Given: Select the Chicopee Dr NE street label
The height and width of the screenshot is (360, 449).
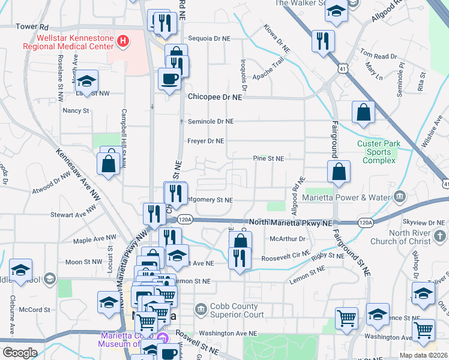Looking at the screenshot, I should [x=215, y=96].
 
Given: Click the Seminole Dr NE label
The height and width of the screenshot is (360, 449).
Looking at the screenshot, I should [x=210, y=121].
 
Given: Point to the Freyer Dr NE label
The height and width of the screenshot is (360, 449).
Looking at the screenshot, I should [x=205, y=142].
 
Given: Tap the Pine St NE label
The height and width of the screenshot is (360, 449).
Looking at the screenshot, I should [x=268, y=158].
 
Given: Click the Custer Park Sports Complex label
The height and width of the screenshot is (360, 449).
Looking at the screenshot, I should [x=382, y=148].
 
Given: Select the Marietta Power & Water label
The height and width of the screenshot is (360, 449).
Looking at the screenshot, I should [x=355, y=198].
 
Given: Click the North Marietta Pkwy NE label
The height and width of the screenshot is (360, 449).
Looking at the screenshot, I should [x=291, y=222].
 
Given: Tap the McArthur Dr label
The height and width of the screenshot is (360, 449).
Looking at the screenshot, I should [x=288, y=238].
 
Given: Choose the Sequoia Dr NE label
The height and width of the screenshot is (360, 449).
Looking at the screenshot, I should [x=209, y=38].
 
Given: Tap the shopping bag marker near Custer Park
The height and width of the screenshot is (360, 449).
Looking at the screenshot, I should [x=363, y=112].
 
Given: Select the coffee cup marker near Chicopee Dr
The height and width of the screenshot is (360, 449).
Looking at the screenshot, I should [x=169, y=79].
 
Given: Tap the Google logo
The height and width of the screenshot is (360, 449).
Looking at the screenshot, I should [x=19, y=353].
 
